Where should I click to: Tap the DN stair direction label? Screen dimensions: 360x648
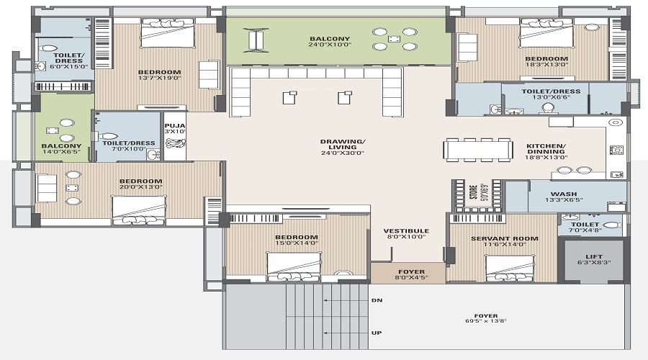(377, 300)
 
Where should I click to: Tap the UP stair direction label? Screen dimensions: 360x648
(377, 333)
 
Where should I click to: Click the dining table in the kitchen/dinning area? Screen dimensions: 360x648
(478, 150)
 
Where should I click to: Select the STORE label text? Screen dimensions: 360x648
(474, 194)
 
